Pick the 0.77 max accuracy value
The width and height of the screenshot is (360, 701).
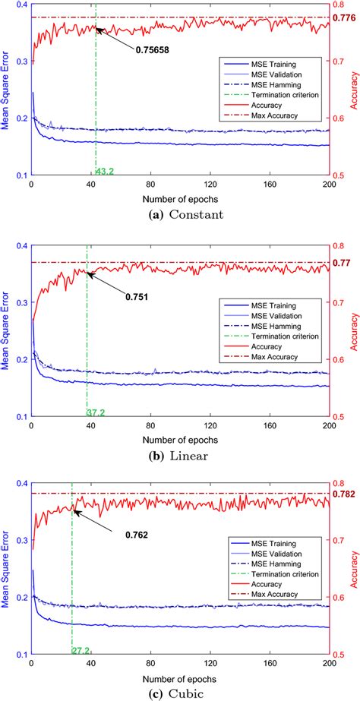[x=343, y=262]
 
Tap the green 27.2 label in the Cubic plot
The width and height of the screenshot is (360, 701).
[x=81, y=651]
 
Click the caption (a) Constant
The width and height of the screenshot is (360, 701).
[x=180, y=214]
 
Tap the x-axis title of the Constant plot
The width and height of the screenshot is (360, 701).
[x=180, y=198]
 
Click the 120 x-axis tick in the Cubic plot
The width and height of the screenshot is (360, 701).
[x=210, y=663]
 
